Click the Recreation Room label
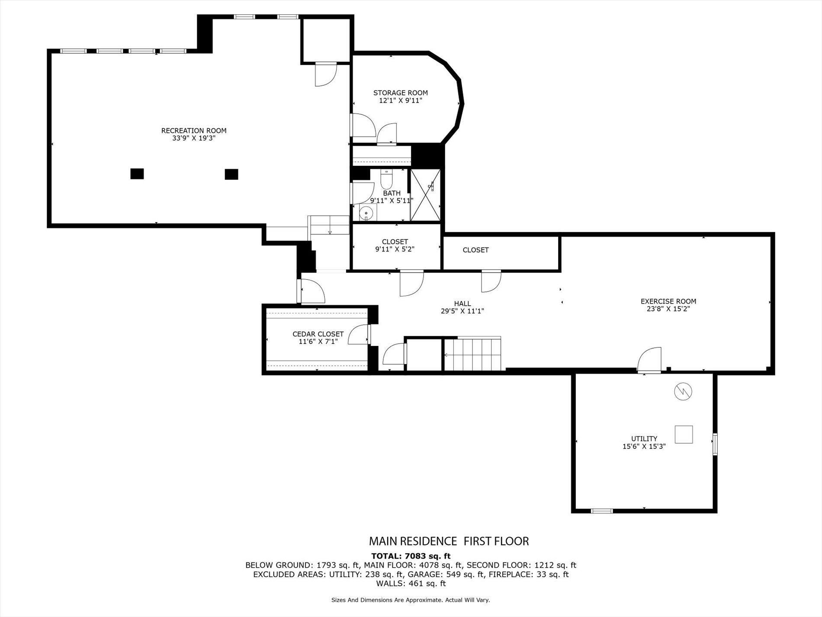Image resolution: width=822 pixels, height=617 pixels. (x=193, y=130)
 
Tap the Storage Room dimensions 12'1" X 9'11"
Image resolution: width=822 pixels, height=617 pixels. (x=400, y=100)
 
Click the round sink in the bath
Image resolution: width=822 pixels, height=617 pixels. (x=366, y=213)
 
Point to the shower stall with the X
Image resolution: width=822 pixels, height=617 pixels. (x=425, y=195)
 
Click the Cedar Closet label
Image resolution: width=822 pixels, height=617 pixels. (x=318, y=334)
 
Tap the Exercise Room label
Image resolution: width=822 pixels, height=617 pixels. (x=668, y=301)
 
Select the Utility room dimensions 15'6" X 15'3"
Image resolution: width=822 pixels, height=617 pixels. (x=644, y=446)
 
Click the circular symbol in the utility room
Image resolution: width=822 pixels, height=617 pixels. (x=683, y=392)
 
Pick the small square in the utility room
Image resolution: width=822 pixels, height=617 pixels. (x=684, y=434)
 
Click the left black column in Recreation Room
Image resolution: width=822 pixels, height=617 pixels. (x=137, y=174)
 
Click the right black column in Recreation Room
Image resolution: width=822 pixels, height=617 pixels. (x=231, y=174)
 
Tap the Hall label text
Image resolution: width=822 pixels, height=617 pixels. (x=462, y=304)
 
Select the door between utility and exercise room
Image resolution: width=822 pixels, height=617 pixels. (x=650, y=360)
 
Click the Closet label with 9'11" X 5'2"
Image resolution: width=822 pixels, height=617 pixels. (x=395, y=242)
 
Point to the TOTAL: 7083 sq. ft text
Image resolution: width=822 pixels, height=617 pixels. (x=411, y=556)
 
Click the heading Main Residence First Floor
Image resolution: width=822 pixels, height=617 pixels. (x=448, y=541)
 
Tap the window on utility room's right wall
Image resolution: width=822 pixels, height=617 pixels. (x=715, y=444)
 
